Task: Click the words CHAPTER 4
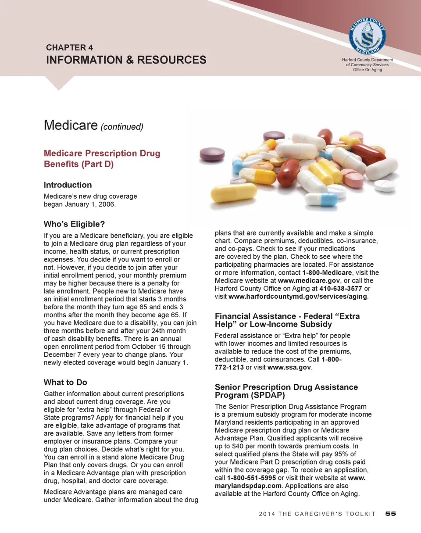69,47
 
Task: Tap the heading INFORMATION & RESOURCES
126,60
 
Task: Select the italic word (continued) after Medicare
122,127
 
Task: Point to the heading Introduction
68,185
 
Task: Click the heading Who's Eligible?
75,225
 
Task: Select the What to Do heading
66,383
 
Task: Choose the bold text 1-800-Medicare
327,273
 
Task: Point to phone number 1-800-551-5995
251,478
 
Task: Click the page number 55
391,514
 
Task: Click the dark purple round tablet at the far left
212,154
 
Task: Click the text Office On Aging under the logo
367,70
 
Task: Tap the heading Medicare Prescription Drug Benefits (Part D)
102,159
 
